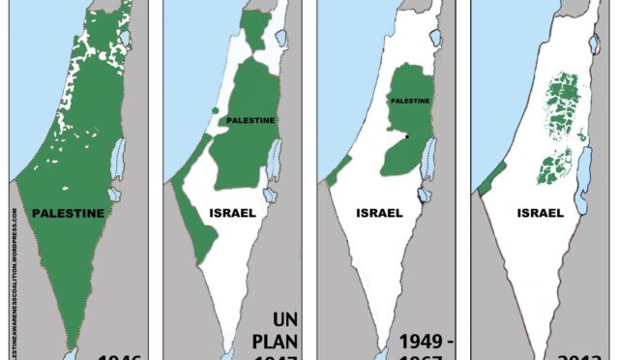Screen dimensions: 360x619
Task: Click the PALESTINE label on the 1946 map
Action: coord(68,213)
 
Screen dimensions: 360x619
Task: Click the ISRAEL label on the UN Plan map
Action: coord(232,213)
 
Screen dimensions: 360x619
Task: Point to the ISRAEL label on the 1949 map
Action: coord(380,213)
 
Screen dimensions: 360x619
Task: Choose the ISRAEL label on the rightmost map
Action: coord(539,213)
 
